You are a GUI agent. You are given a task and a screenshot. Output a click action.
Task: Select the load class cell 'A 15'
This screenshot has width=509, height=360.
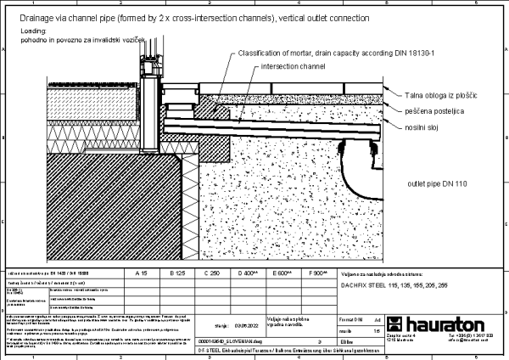click(x=143, y=273)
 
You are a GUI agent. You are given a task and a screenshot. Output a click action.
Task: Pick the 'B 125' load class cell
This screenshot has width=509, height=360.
click(x=177, y=273)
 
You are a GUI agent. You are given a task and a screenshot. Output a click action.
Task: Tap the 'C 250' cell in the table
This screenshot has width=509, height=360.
click(x=211, y=273)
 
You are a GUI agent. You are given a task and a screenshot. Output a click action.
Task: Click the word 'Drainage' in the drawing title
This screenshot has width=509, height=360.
click(x=24, y=17)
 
